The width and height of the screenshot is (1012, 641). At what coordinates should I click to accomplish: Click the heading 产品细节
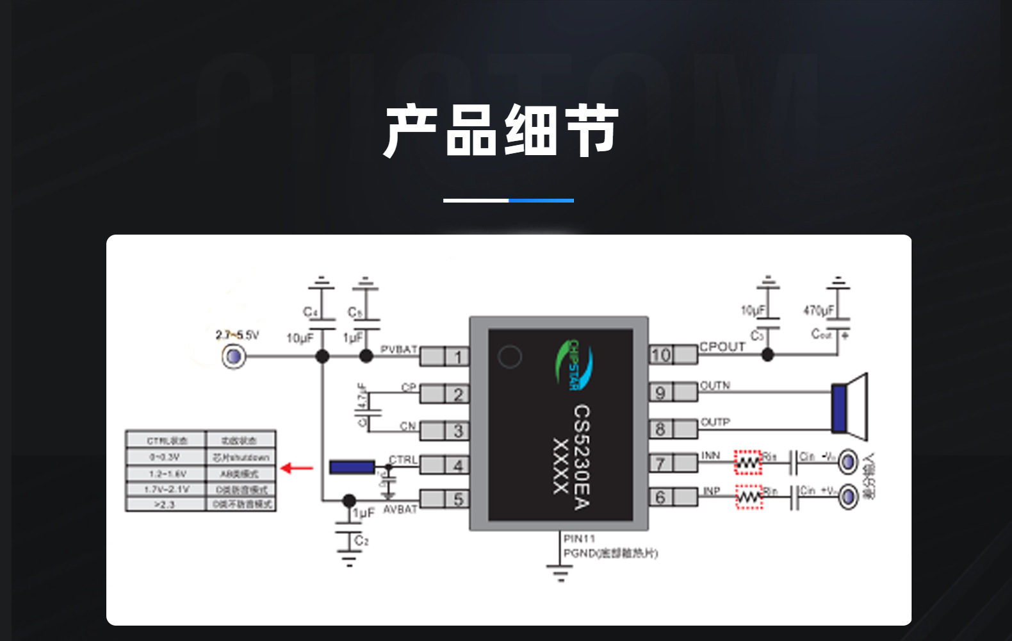[501, 131]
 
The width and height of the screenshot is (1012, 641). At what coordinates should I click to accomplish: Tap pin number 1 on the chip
[458, 356]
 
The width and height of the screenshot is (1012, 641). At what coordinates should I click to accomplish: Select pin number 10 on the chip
[660, 354]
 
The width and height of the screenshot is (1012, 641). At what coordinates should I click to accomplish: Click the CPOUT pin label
[722, 347]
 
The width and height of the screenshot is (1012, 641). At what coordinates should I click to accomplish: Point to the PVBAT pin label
[398, 349]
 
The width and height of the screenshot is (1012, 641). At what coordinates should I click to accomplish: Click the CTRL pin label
[403, 460]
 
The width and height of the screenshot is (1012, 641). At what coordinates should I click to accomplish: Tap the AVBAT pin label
[400, 509]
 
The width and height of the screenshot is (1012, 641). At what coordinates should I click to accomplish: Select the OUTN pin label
[715, 385]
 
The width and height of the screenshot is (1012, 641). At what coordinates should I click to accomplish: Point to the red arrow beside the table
[297, 468]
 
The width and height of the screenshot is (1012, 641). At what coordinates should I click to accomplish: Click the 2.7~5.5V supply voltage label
[237, 335]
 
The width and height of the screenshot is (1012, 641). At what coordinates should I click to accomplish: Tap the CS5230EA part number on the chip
[581, 456]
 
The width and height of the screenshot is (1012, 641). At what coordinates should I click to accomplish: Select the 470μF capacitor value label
[819, 310]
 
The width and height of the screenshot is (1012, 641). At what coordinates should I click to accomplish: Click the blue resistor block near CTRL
[352, 467]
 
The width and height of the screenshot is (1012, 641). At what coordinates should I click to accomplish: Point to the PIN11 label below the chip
[579, 538]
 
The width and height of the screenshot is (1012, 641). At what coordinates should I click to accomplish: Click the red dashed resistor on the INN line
[747, 462]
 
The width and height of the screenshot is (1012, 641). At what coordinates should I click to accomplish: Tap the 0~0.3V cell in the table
[165, 457]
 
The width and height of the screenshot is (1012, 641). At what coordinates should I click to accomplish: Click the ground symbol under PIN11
[560, 572]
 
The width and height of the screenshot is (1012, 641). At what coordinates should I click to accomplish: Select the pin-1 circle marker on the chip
[510, 356]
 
